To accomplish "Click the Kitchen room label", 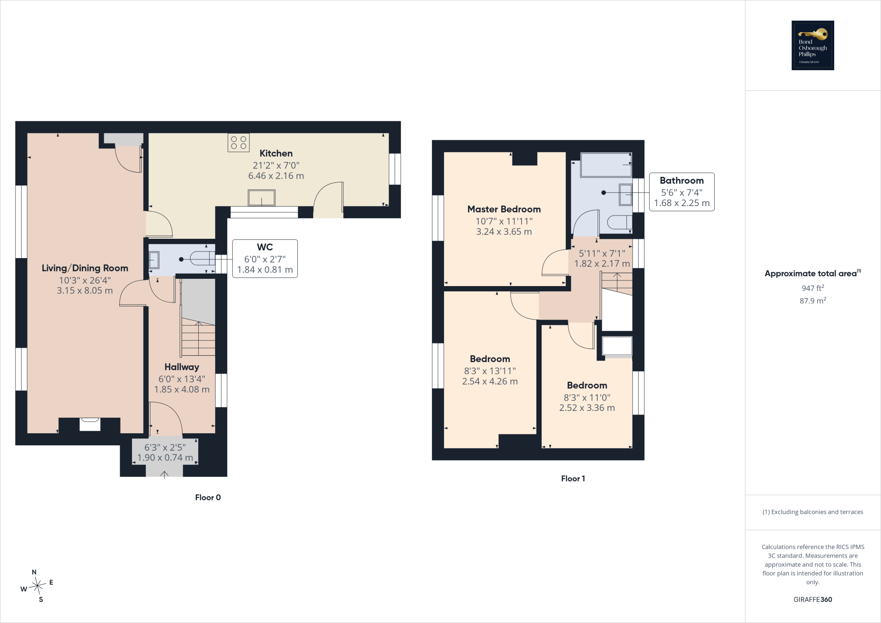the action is click(276, 154).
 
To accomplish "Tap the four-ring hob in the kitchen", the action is click(238, 142).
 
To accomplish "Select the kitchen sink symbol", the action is click(262, 198).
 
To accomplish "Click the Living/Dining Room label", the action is click(85, 268).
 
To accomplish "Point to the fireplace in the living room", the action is click(90, 424).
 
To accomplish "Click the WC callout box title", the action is click(265, 247).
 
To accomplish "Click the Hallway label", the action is click(182, 367).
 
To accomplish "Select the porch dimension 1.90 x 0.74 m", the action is click(165, 458).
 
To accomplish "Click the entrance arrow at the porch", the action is click(164, 475).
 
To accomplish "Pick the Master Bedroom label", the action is click(504, 210).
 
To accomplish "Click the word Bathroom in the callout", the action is click(682, 181).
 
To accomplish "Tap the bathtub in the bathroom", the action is click(606, 165).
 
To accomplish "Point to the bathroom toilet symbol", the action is click(619, 222).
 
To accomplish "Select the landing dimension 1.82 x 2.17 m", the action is click(602, 264).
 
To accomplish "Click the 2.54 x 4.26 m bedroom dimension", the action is click(490, 382).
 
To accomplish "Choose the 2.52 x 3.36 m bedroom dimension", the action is click(587, 408).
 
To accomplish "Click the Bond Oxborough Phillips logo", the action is click(813, 46).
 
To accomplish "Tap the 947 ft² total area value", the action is click(813, 288).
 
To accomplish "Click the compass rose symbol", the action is click(38, 585).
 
